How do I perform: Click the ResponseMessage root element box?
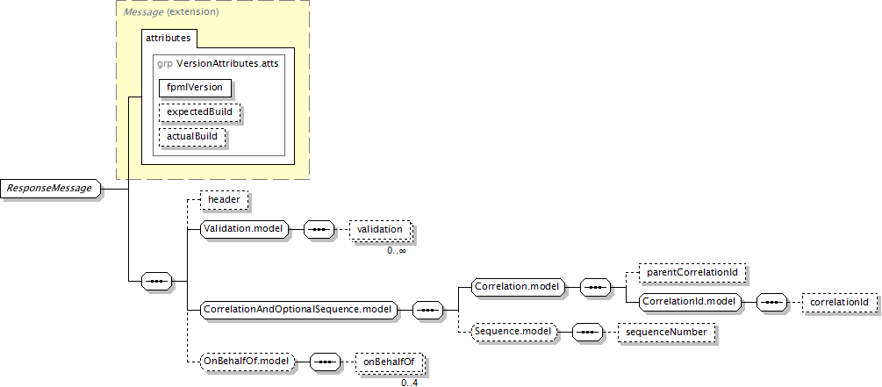coord(53,189)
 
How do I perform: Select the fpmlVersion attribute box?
coord(195,88)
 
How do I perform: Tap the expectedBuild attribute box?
coord(199,112)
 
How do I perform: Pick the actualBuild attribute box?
coord(192,137)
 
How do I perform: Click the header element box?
coord(224,200)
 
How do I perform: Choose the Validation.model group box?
coord(245,229)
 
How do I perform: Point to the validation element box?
coord(381,230)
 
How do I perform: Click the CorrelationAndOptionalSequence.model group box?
coord(299,310)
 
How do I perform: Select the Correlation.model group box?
coord(518,287)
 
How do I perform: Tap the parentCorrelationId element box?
coord(692,274)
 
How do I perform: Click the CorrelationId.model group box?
coord(690,302)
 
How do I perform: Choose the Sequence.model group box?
coord(513,333)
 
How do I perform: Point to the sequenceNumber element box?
coord(667,333)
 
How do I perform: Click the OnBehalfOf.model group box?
coord(248,362)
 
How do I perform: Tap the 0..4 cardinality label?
coord(410,383)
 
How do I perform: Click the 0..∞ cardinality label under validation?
coord(397,250)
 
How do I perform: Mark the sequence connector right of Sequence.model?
coord(587,333)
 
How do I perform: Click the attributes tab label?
coord(169,39)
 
